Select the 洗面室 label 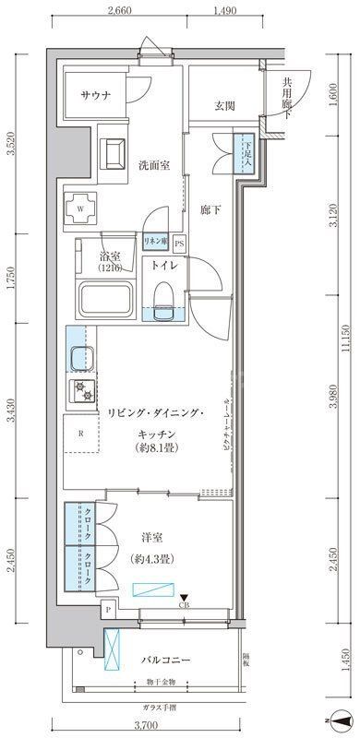point(154,166)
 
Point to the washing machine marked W point(81,208)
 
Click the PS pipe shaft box point(179,244)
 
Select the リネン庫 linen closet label point(154,242)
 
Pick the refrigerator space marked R point(81,433)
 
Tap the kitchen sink point(78,356)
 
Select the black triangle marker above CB point(184,598)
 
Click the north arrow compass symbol point(332,720)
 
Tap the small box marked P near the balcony point(109,610)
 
